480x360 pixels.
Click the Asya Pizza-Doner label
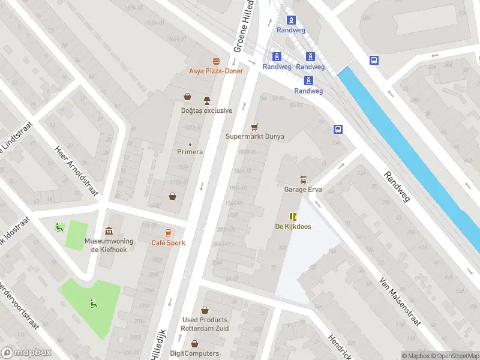[216, 71]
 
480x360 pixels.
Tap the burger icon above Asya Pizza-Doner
[216, 61]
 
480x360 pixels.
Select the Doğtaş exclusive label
[206, 110]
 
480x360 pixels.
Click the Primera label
[190, 152]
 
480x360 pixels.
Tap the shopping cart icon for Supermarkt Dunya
[254, 127]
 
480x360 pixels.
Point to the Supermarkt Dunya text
[254, 136]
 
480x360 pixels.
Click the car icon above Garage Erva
[303, 180]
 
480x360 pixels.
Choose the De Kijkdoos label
[292, 226]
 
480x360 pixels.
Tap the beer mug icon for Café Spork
[168, 233]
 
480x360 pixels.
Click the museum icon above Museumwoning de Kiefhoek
[109, 232]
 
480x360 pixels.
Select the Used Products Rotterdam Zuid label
[205, 324]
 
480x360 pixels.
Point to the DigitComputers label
[195, 353]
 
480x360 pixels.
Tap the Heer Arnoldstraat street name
[76, 171]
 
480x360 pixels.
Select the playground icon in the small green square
[59, 227]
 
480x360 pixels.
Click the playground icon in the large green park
[93, 304]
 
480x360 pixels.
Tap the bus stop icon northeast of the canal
[374, 60]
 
